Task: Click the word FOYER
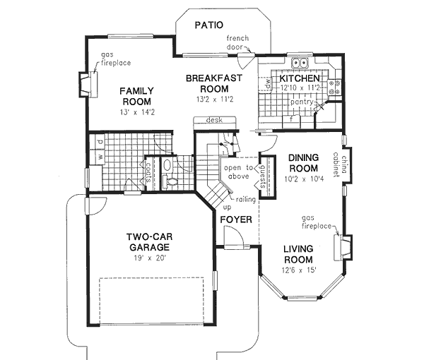(x=236, y=220)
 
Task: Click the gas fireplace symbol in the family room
(x=86, y=84)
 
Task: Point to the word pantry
(x=304, y=103)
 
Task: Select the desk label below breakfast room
(x=215, y=121)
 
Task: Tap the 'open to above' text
(x=239, y=173)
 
